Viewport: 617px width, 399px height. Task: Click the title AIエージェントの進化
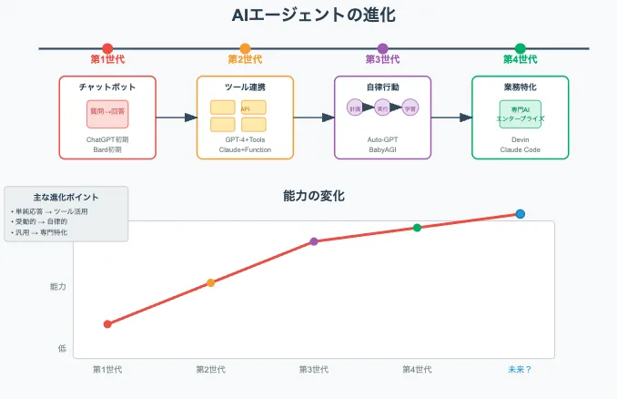coord(308,15)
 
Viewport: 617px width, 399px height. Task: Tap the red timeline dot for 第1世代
coord(107,48)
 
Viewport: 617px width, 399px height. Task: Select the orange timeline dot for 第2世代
coord(245,48)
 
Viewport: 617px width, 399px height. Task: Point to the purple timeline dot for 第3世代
coord(382,48)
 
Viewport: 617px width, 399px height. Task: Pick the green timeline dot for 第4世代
coord(520,48)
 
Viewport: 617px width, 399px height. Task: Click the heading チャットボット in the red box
coord(107,87)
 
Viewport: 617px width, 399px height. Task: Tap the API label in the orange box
coord(245,107)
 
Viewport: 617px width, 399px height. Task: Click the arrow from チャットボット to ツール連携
coord(177,117)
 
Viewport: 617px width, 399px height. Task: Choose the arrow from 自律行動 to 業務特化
coord(451,117)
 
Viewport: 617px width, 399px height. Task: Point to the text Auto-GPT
coord(382,139)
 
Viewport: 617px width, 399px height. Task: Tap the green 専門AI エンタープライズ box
coord(520,114)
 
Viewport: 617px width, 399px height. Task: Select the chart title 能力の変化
coord(314,196)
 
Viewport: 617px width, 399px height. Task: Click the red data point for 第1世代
coord(107,323)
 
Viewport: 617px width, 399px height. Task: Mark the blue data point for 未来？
coord(521,214)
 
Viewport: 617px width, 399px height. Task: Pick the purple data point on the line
coord(314,241)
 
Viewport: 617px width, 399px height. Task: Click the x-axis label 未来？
coord(520,369)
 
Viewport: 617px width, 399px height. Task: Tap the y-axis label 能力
coord(57,287)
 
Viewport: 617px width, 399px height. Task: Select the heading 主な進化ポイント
coord(66,197)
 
